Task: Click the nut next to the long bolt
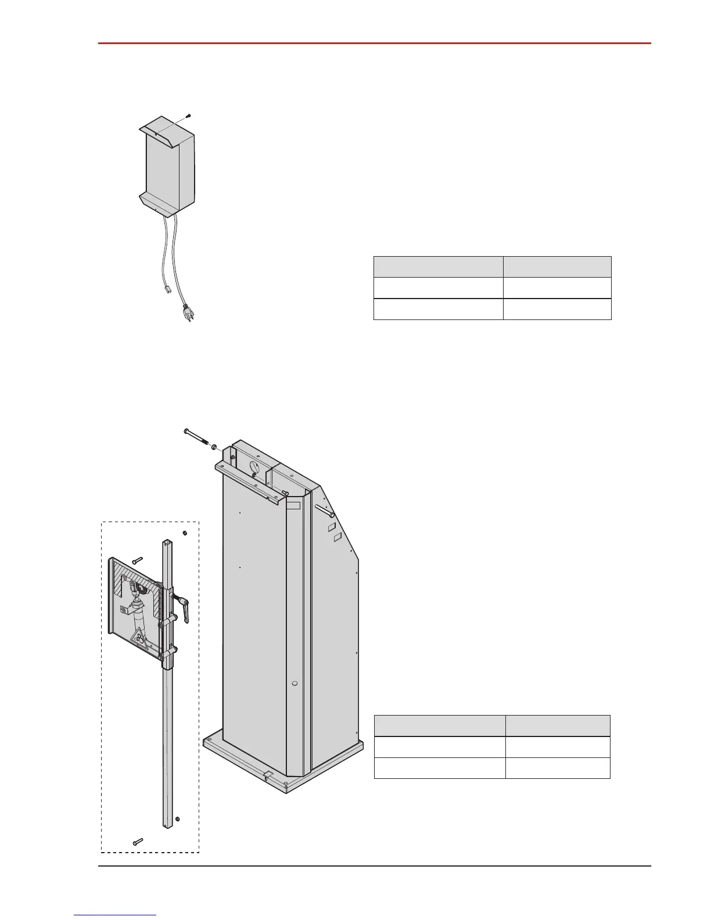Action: [214, 447]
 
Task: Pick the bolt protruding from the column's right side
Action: [324, 511]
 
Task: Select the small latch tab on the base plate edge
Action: [268, 774]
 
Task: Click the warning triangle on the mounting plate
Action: [141, 639]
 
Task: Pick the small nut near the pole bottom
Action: [177, 819]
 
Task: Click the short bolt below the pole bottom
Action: [138, 841]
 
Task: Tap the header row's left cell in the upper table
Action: [438, 267]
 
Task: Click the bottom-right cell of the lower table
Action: [558, 768]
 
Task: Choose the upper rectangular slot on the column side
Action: [332, 527]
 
